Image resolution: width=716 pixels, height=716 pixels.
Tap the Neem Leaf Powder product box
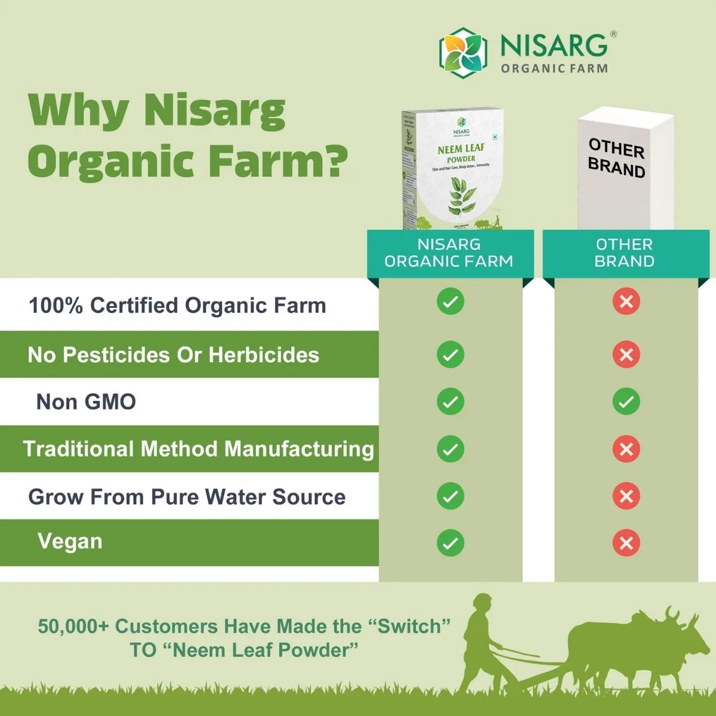[x=452, y=170]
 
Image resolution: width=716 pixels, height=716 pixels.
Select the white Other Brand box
[x=624, y=170]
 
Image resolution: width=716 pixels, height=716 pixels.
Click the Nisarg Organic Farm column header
[x=449, y=253]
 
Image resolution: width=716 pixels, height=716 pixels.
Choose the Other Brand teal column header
[x=625, y=253]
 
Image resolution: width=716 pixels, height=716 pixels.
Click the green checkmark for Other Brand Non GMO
[x=626, y=402]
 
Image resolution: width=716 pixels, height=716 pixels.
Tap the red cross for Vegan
[x=626, y=543]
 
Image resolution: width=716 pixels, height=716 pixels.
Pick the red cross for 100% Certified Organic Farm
[x=626, y=301]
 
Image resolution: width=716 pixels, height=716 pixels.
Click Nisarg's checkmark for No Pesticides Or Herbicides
[x=450, y=354]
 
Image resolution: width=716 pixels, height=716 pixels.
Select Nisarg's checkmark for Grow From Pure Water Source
[x=450, y=496]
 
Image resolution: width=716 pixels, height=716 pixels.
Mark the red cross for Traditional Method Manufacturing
[x=626, y=449]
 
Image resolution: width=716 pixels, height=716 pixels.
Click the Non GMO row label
[x=86, y=402]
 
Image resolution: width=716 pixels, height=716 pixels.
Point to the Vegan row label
[x=70, y=541]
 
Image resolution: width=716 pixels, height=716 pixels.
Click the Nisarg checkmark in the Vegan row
[x=450, y=543]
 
